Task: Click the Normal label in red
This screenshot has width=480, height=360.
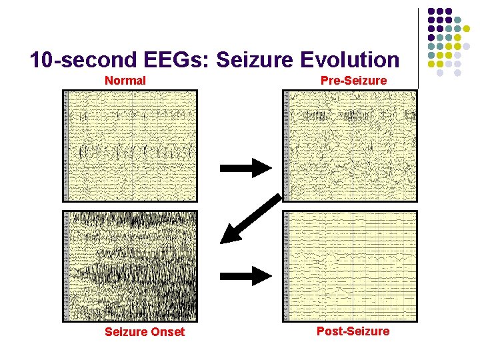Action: click(125, 81)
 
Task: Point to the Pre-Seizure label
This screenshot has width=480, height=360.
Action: click(353, 81)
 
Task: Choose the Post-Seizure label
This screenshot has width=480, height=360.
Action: click(353, 331)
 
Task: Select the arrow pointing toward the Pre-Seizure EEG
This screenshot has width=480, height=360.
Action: click(245, 168)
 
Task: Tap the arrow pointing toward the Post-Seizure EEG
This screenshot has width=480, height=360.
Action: click(245, 275)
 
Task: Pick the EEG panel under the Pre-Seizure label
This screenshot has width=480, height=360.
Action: click(350, 145)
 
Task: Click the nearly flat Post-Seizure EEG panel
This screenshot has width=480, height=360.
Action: click(350, 266)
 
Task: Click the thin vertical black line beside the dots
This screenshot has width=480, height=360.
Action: click(419, 47)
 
